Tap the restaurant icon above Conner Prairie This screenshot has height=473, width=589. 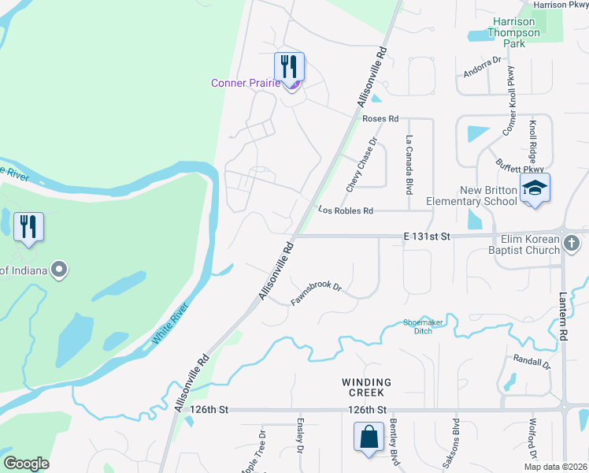pos(289,65)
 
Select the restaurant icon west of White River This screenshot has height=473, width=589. pos(29,227)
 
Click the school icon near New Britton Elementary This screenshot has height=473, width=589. pos(535,188)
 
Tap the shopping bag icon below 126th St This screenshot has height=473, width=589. pos(369,437)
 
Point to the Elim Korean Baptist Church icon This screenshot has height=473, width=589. pos(573,245)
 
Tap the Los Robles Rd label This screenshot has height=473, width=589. pos(345,211)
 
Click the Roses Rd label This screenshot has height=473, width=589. pos(380,118)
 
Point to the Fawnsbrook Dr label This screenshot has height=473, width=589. pos(316,294)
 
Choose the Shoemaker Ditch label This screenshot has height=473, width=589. pos(424,326)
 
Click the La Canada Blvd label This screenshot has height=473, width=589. pos(409,165)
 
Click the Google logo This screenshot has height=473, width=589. pos(27,464)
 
